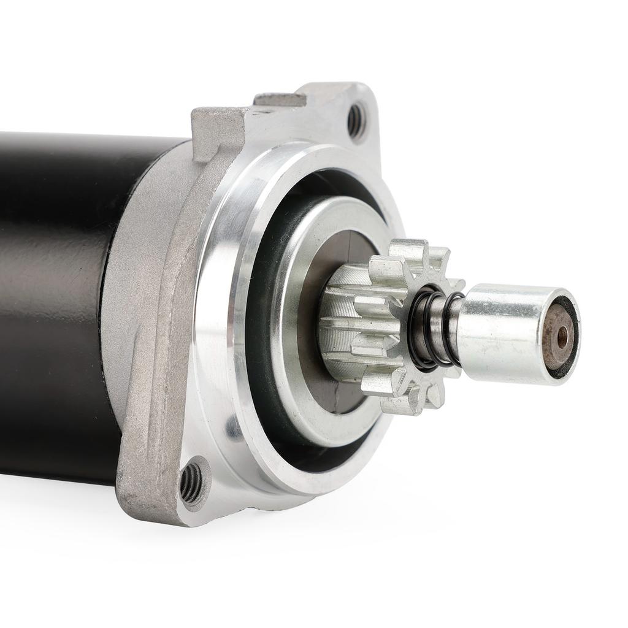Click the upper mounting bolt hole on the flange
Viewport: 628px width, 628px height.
356,120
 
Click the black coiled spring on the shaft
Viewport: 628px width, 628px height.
435,328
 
